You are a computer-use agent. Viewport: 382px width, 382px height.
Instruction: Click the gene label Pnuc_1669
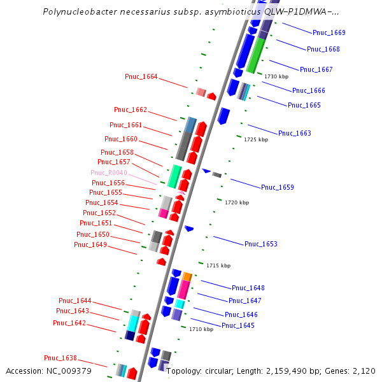pyautogui.click(x=329, y=32)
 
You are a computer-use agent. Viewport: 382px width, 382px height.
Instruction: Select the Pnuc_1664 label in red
pyautogui.click(x=141, y=77)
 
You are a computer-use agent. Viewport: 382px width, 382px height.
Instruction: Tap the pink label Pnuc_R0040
pyautogui.click(x=109, y=173)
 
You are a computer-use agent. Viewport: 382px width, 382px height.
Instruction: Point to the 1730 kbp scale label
pyautogui.click(x=276, y=76)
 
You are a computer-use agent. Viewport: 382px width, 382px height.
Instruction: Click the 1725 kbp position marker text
pyautogui.click(x=256, y=139)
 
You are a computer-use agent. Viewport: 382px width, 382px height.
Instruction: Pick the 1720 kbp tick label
pyautogui.click(x=237, y=202)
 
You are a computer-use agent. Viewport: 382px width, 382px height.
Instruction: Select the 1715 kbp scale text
pyautogui.click(x=218, y=265)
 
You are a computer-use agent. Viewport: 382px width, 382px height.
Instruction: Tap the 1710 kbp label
pyautogui.click(x=201, y=330)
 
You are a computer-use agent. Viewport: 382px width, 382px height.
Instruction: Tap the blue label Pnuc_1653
pyautogui.click(x=261, y=244)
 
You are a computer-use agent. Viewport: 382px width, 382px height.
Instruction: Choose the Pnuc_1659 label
pyautogui.click(x=277, y=187)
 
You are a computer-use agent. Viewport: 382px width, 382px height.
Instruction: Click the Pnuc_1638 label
pyautogui.click(x=60, y=358)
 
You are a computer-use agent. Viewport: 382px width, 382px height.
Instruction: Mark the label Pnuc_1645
pyautogui.click(x=238, y=325)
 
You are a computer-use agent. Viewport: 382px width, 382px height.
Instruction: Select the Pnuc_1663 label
pyautogui.click(x=294, y=133)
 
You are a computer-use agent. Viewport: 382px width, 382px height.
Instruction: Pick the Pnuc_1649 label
pyautogui.click(x=90, y=244)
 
